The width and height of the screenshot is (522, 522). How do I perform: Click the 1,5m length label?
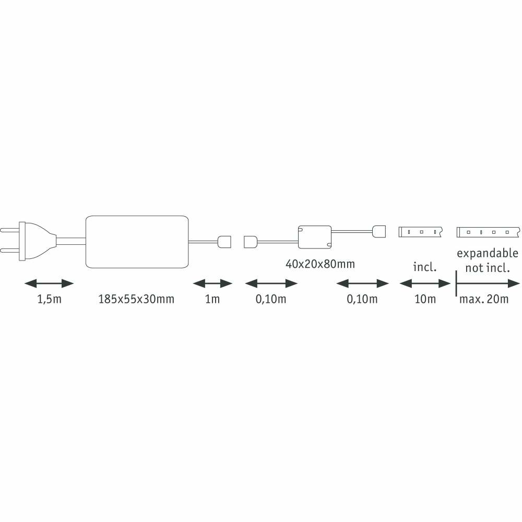point(49,299)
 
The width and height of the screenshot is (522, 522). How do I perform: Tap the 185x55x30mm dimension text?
point(136,299)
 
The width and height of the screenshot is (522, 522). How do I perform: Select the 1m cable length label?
point(212,299)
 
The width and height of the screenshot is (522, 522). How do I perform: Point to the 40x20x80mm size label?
point(320,264)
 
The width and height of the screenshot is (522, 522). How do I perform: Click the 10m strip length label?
point(425,299)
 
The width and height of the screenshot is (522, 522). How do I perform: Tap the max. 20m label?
point(484,299)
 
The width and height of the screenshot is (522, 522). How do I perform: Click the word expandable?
point(488,254)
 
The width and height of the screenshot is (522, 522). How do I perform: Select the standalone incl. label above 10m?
point(425,267)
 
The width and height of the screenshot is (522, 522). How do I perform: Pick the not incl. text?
point(488,268)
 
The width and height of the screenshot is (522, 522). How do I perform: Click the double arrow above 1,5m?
point(49,283)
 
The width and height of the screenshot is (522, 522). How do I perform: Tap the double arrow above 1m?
point(212,283)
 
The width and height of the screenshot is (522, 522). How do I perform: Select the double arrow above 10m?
point(425,283)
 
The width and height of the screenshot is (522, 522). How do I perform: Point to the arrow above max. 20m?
point(488,283)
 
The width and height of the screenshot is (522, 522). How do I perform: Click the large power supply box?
point(137,242)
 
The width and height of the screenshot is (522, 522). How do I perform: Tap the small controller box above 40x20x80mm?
point(315,237)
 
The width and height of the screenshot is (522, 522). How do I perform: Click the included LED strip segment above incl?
point(420,232)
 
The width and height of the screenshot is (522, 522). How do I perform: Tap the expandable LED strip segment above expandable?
point(488,232)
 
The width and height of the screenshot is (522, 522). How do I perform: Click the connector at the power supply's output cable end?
point(224,242)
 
